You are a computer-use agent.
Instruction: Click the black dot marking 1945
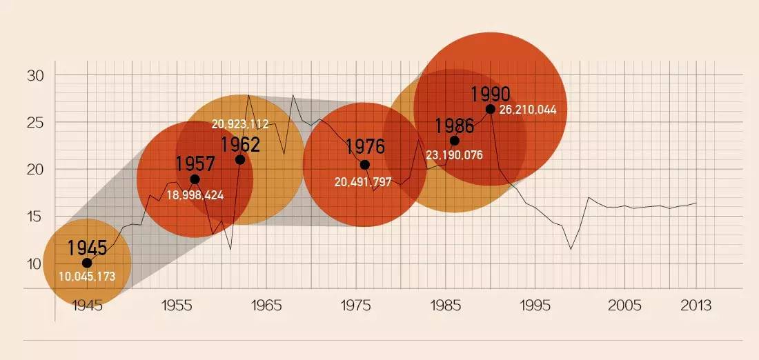point(87,263)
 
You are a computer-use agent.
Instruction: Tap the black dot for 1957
point(195,179)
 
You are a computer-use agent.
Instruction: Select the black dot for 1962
point(240,159)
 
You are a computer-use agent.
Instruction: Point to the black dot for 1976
point(365,165)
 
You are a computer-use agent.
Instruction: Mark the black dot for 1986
point(454,141)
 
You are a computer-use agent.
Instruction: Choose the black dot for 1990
point(490,109)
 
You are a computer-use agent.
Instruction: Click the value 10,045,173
point(87,277)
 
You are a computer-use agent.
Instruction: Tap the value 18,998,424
point(195,195)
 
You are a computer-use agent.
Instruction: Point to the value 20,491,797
point(363,183)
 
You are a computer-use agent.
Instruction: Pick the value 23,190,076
point(454,155)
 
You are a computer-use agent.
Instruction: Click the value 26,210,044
point(528,110)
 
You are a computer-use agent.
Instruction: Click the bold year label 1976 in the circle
point(365,147)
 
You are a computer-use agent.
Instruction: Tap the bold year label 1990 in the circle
point(490,94)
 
